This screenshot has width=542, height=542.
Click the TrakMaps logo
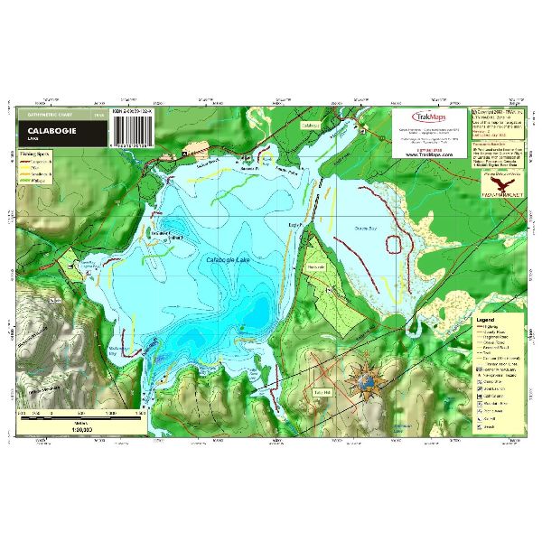(429, 117)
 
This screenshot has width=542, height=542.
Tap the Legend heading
(486, 321)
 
